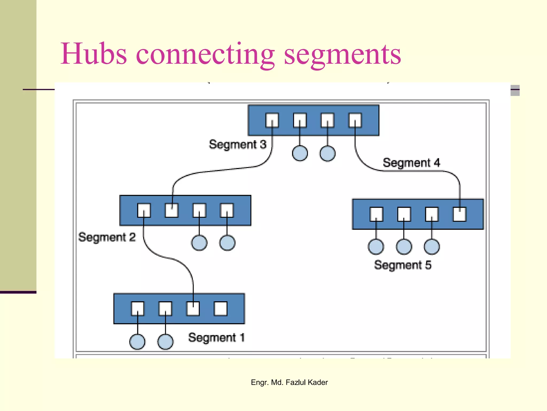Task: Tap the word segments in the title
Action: pos(342,55)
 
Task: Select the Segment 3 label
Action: pos(237,144)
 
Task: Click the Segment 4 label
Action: pos(411,163)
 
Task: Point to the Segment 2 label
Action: pos(107,237)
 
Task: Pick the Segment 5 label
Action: pos(403,265)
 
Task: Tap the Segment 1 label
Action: pos(216,337)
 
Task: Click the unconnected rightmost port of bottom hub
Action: pos(221,309)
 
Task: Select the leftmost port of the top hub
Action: pos(272,120)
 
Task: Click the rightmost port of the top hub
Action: pos(355,120)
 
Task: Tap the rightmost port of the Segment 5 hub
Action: pos(460,214)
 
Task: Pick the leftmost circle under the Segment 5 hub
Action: pos(376,247)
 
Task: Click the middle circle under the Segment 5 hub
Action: pos(404,247)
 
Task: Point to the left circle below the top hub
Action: pos(300,153)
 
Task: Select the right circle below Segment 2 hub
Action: pos(227,243)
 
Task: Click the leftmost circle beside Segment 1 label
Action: pos(137,342)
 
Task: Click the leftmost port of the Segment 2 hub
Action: pos(144,210)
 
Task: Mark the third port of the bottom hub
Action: pos(193,309)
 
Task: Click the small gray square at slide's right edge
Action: pos(515,90)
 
